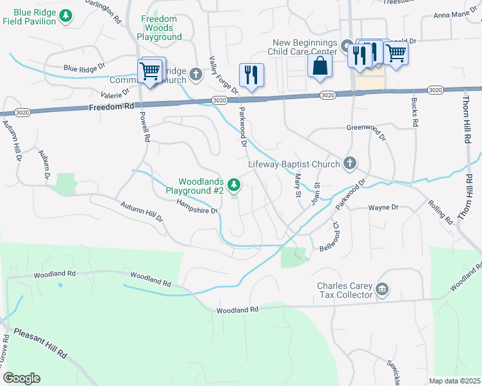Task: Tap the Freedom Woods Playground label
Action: pyautogui.click(x=159, y=28)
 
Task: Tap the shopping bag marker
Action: pyautogui.click(x=320, y=66)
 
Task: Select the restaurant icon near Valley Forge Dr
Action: pyautogui.click(x=251, y=75)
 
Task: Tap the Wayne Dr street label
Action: pyautogui.click(x=383, y=208)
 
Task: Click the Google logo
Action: pyautogui.click(x=21, y=378)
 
